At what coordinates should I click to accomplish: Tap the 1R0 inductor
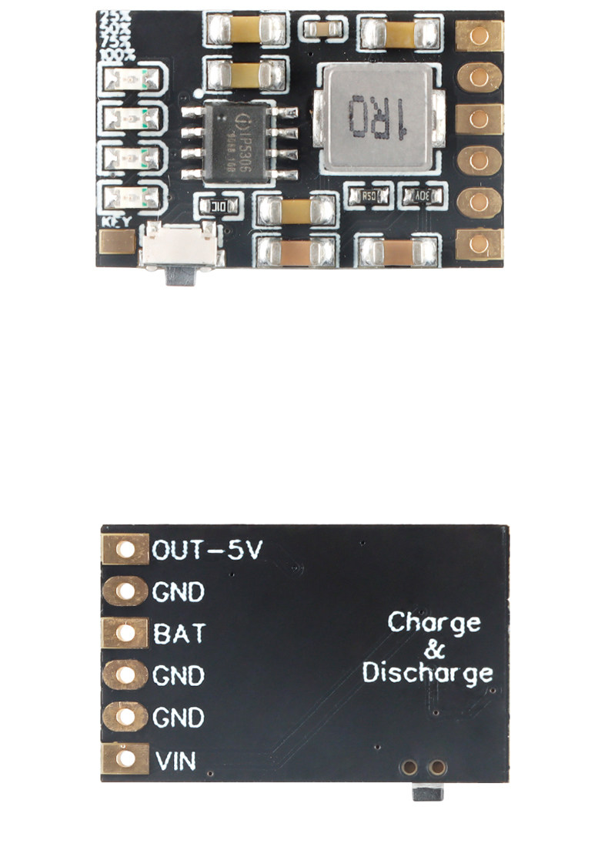(x=382, y=118)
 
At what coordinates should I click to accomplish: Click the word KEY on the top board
(x=118, y=223)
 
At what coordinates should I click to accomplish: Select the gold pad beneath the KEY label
(x=118, y=244)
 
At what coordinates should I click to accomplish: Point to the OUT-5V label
(x=207, y=550)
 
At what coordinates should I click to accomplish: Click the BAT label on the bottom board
(x=179, y=634)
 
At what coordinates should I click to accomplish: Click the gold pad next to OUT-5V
(x=125, y=550)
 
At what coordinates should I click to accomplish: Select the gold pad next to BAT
(x=125, y=634)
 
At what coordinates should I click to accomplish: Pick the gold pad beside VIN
(x=125, y=760)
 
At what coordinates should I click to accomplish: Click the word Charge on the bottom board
(x=434, y=622)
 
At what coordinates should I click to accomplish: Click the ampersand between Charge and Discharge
(x=434, y=648)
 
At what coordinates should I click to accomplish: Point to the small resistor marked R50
(x=369, y=196)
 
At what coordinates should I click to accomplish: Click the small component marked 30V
(x=422, y=196)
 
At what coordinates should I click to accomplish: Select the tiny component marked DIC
(x=219, y=206)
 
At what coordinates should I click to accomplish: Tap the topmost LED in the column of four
(x=133, y=79)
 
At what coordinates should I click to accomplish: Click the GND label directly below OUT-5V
(x=179, y=592)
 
